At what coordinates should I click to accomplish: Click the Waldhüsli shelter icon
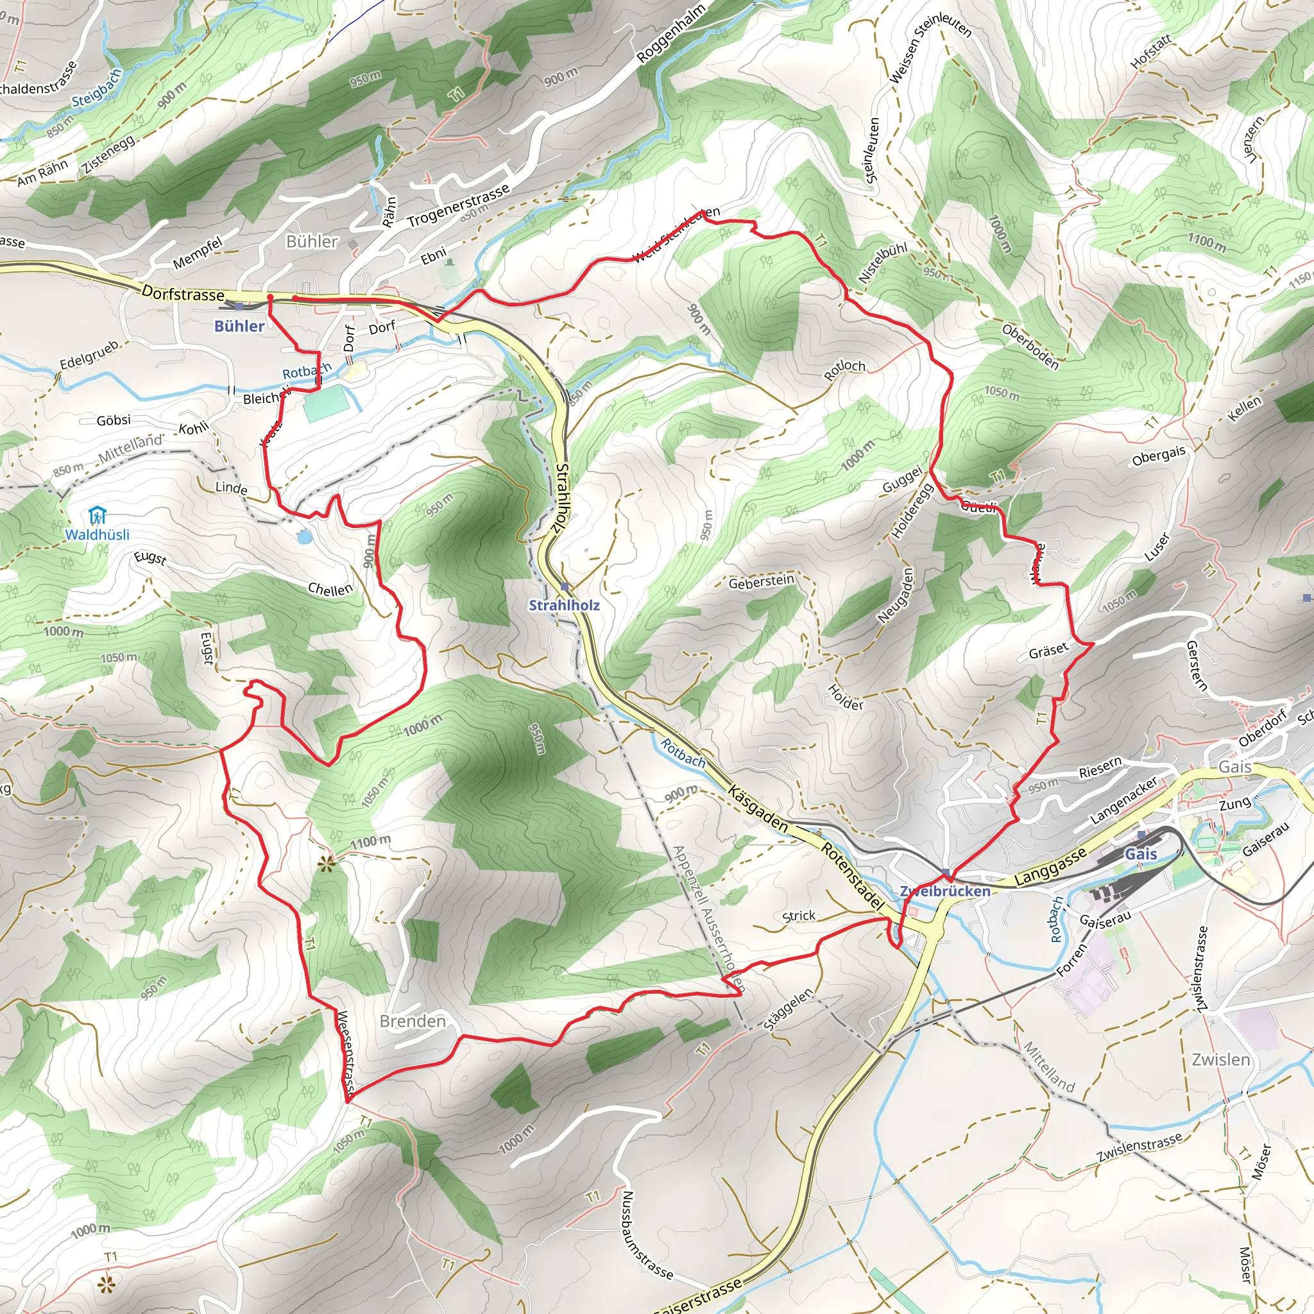pos(98,515)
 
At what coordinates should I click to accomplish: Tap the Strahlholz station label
pos(564,604)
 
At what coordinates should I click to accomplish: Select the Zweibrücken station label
pos(944,891)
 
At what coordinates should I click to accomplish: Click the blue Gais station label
pos(1141,853)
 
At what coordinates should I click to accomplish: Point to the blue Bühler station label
pos(239,326)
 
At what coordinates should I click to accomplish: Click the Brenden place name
pos(413,1021)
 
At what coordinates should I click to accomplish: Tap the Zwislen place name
pos(1221,1060)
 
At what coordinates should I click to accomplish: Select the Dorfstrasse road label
pos(183,294)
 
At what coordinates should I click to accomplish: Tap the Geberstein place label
pos(761,582)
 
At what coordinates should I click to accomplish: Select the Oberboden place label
pos(1030,347)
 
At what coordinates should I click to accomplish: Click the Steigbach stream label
pos(97,88)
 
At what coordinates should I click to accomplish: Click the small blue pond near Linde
pos(304,537)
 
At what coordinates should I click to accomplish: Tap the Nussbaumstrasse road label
pos(647,1234)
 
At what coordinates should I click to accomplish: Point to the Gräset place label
pos(1048,652)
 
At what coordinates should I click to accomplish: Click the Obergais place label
pos(1158,456)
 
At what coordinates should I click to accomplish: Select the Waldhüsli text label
pos(98,534)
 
